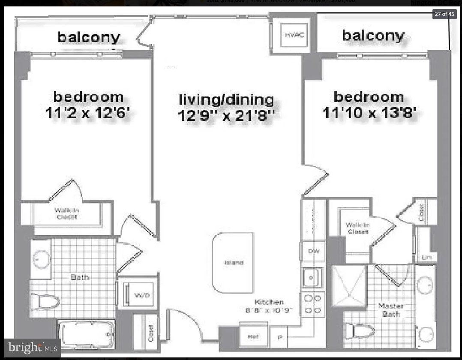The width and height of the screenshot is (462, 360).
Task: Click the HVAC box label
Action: pos(294,35)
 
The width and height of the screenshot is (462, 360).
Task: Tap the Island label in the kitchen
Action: pos(234,262)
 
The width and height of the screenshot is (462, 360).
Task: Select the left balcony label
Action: pos(89,37)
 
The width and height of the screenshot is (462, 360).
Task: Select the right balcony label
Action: pos(373,36)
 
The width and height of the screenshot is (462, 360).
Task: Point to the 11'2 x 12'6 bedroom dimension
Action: pos(88,114)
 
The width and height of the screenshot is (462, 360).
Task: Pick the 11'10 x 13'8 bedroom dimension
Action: pos(369,113)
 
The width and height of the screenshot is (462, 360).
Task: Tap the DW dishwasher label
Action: pos(313,252)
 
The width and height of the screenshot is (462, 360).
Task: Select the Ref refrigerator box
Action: pos(253,337)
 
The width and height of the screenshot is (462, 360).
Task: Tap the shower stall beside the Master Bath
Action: pos(349,285)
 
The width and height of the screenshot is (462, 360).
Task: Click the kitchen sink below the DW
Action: pos(312,277)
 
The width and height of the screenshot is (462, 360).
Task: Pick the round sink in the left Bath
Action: pos(42,259)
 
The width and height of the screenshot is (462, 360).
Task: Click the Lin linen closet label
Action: pos(426,257)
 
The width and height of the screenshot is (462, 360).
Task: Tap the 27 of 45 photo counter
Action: pos(444,14)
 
